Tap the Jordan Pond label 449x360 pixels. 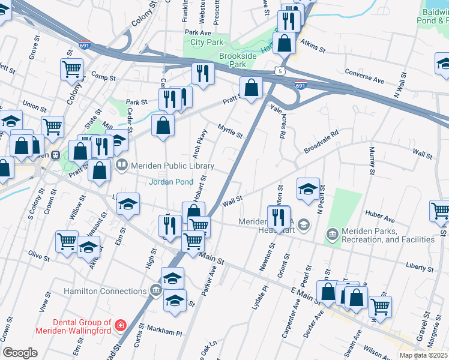point(171,182)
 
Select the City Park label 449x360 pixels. point(206,42)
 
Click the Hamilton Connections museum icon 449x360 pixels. point(156,292)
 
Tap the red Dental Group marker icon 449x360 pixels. point(121,326)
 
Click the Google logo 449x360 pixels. point(20,353)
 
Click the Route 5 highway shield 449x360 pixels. point(280,71)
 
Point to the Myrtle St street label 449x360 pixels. point(230,131)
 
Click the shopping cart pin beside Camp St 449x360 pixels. point(71,69)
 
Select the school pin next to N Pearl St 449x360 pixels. point(308,189)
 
